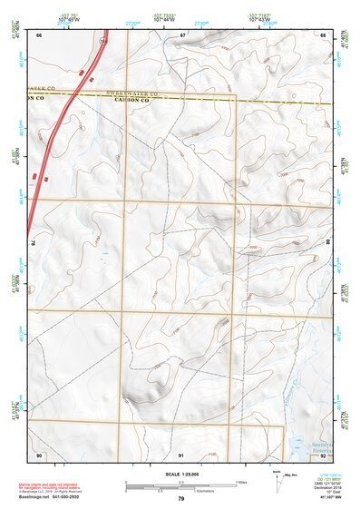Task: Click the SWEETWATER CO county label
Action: click(136, 93)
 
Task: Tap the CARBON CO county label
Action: click(136, 101)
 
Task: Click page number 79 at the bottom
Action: click(180, 499)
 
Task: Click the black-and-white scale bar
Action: click(180, 482)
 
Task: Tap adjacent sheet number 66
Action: click(39, 34)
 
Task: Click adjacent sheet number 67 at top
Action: click(182, 34)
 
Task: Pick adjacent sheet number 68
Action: click(324, 34)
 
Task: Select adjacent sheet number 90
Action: click(39, 454)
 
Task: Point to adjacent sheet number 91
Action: click(181, 454)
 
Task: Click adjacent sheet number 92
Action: click(324, 454)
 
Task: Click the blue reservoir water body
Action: click(297, 445)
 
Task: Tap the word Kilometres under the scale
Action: click(191, 489)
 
